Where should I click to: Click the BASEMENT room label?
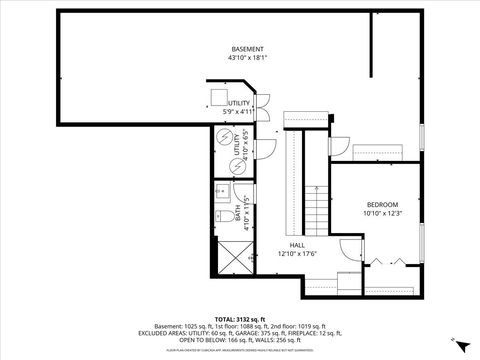(x=247, y=49)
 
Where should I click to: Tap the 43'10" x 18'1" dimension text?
(x=247, y=58)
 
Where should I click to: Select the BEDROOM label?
(x=382, y=205)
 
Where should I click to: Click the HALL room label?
(x=297, y=244)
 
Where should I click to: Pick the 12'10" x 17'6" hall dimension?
(x=297, y=253)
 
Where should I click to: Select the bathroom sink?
(x=223, y=191)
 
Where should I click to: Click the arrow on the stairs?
(x=317, y=193)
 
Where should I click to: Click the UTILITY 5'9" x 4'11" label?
(x=238, y=107)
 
